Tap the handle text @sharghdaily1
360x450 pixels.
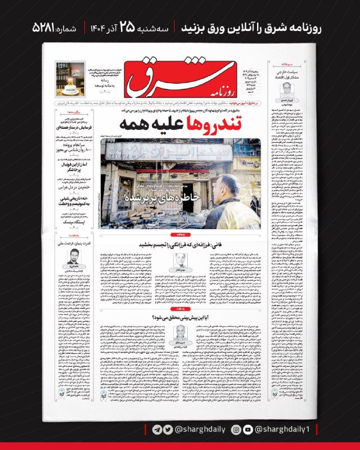(x=286, y=429)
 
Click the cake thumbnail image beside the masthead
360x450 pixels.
(x=71, y=79)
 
